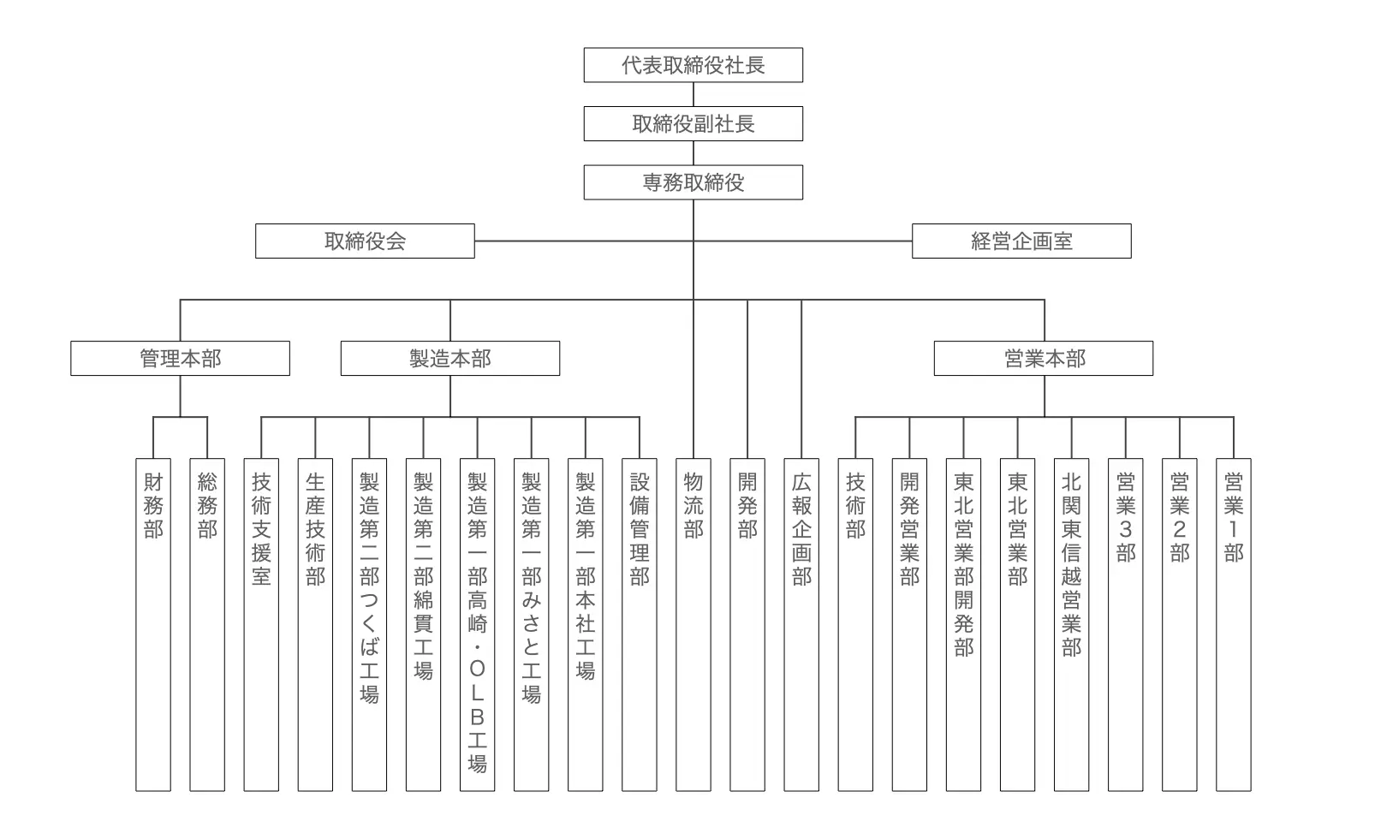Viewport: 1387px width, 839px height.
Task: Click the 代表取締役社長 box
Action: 693,65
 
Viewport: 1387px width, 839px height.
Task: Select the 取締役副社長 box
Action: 693,124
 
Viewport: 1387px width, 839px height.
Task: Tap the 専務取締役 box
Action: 693,182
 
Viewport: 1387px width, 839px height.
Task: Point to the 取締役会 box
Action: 365,241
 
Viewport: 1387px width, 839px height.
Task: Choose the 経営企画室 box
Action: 1021,241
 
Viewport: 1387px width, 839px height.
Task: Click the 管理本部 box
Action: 180,358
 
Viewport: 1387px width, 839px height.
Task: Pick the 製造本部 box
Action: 450,358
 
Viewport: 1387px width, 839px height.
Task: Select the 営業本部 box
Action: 1044,358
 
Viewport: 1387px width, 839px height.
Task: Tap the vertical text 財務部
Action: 153,506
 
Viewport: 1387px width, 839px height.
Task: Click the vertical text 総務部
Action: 207,506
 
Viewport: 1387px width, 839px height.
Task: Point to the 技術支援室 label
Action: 261,529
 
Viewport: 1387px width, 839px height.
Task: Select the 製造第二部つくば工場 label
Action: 369,588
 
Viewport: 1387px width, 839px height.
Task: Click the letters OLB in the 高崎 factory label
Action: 478,693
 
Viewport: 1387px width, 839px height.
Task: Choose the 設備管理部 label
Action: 639,529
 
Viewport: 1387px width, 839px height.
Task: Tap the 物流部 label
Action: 693,506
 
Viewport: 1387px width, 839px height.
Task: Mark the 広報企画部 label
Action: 801,529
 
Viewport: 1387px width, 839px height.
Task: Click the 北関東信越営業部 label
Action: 1071,565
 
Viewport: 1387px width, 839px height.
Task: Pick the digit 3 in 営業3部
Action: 1126,529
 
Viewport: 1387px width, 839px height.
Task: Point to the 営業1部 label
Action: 1234,518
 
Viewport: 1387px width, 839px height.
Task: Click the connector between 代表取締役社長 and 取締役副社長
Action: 693,94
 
